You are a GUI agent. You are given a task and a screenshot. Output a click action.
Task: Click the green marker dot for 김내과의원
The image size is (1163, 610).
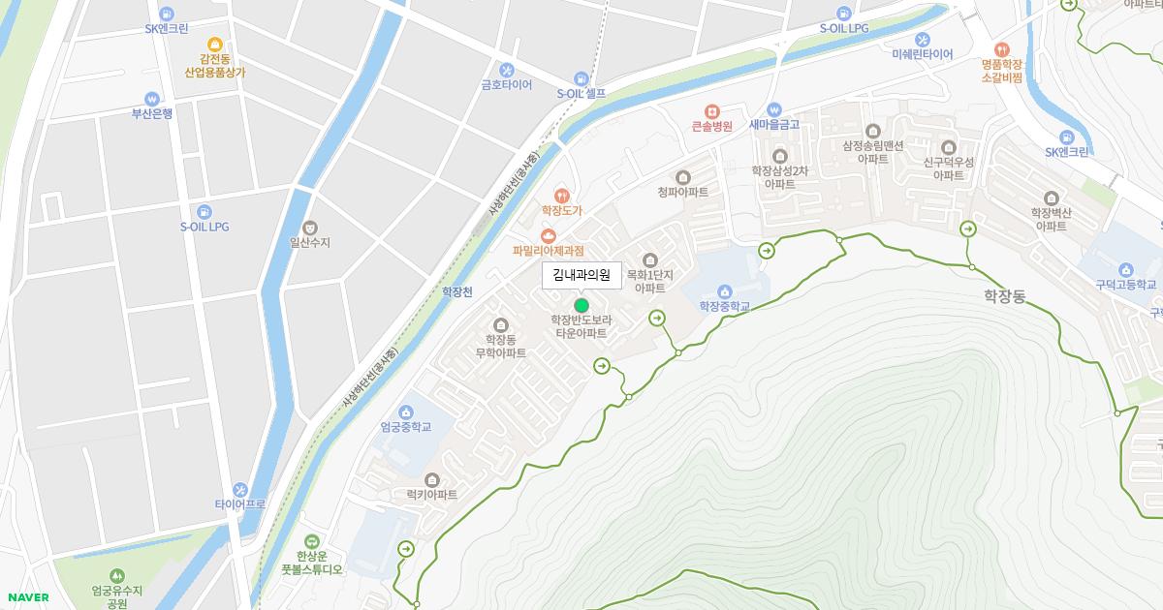coord(581,305)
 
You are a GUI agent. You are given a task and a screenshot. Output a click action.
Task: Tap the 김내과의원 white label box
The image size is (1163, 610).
coord(581,276)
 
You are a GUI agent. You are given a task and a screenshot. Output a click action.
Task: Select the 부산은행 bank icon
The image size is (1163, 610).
coord(152,98)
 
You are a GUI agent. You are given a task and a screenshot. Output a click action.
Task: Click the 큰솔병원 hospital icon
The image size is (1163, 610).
coord(711,111)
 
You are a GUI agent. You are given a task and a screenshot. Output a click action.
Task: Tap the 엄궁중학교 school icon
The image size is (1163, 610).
coord(405,412)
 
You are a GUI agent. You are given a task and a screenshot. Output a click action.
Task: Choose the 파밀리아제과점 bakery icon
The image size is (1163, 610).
coord(549,235)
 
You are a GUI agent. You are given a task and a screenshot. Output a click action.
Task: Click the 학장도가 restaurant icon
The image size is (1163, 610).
coord(560,195)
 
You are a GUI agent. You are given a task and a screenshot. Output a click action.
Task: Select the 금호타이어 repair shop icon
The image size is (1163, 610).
coord(506,70)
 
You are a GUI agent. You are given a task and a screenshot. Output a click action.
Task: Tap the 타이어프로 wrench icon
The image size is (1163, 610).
coord(239,490)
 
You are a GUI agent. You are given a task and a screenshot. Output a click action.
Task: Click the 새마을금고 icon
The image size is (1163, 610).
coord(773,110)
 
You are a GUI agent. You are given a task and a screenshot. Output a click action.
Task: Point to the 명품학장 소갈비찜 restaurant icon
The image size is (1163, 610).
coord(1001,49)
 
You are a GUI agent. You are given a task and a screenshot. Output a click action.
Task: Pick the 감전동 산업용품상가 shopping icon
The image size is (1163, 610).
coord(214,44)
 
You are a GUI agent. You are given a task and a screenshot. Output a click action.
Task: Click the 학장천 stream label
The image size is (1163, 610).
coord(456,291)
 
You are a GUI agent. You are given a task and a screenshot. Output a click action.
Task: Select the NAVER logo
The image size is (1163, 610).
coord(26,597)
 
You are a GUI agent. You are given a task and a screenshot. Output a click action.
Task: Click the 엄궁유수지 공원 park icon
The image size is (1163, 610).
coord(117,575)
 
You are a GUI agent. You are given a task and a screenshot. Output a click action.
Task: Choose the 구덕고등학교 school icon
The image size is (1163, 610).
coord(1125,270)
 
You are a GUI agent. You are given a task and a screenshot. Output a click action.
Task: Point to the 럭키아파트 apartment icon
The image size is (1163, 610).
coord(432,479)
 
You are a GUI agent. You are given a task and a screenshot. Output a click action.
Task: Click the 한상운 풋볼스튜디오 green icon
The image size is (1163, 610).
coord(311,541)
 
